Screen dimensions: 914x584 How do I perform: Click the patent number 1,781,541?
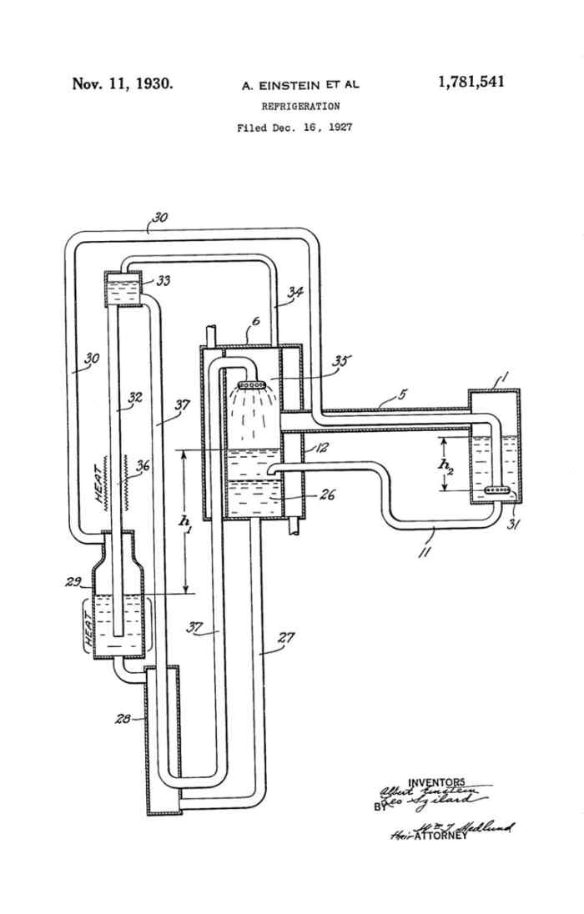tap(471, 82)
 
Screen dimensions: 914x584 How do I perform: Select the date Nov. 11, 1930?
tap(123, 83)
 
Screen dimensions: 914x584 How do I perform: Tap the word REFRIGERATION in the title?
tap(300, 107)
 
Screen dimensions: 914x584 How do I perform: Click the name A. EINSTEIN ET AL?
tap(300, 85)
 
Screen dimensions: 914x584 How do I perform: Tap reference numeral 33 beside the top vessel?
tap(164, 281)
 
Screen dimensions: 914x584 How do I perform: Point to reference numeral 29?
tap(73, 582)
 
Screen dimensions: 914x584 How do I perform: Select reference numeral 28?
tap(122, 719)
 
